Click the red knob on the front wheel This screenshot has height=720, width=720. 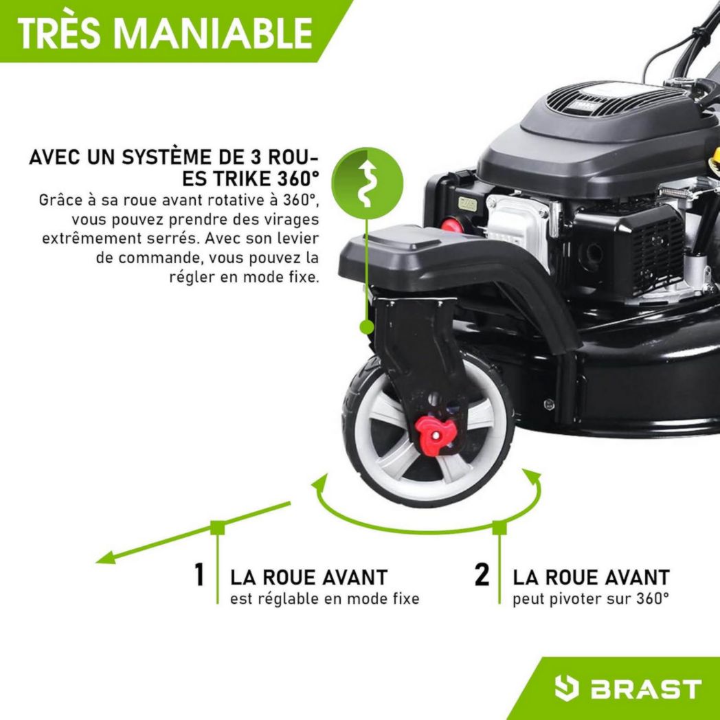pos(436,433)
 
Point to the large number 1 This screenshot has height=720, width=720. pos(199,575)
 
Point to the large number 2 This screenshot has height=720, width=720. pos(482,575)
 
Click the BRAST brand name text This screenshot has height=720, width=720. pos(646,688)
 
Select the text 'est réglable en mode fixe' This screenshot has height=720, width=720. pos(324,598)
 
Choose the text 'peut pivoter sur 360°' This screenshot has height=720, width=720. pos(591,598)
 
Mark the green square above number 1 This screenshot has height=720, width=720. pos(218,528)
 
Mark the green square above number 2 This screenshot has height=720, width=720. pos(499,528)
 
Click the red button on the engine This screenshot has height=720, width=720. pos(451,225)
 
